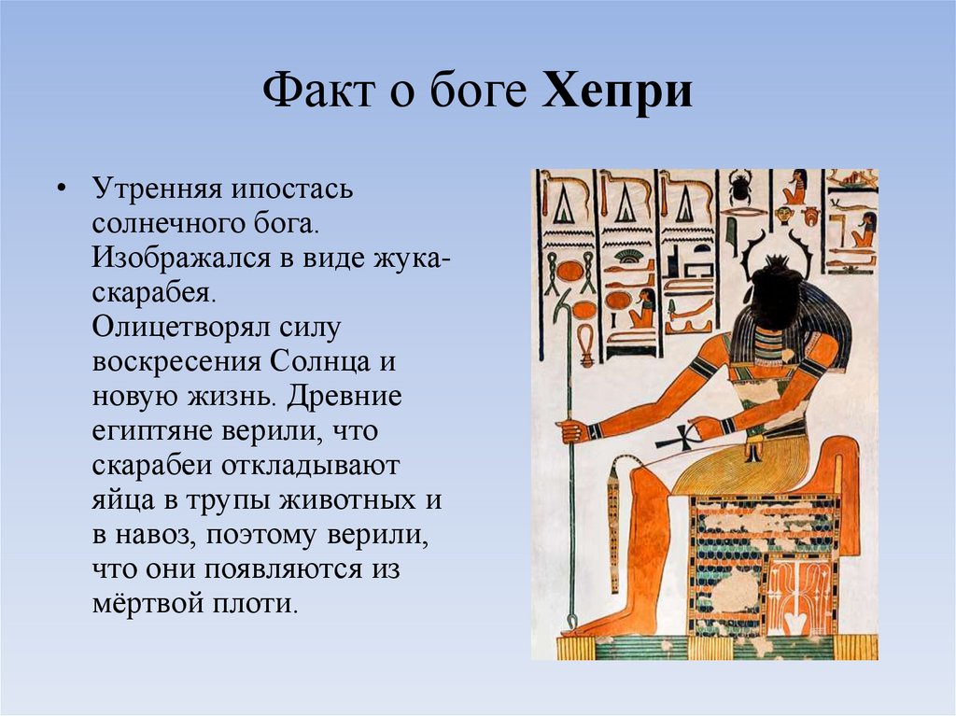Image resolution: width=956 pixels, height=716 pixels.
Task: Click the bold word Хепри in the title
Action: pyautogui.click(x=617, y=93)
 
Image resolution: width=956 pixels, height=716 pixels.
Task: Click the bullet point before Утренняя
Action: pyautogui.click(x=61, y=190)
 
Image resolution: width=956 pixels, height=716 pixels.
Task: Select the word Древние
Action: pyautogui.click(x=343, y=396)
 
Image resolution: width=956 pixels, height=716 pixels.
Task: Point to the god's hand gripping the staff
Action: pyautogui.click(x=571, y=430)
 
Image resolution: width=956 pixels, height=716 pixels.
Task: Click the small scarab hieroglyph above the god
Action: pyautogui.click(x=742, y=186)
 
